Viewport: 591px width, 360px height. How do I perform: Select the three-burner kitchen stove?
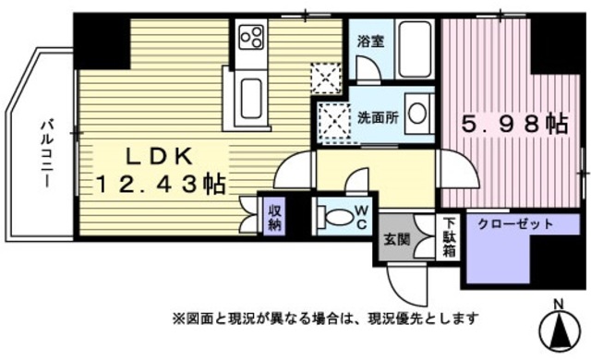coord(251,38)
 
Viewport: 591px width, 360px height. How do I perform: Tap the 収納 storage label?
coord(275,220)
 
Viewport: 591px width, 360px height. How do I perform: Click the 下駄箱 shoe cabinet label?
coord(449,235)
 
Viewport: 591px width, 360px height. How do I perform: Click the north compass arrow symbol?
coord(559,330)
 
